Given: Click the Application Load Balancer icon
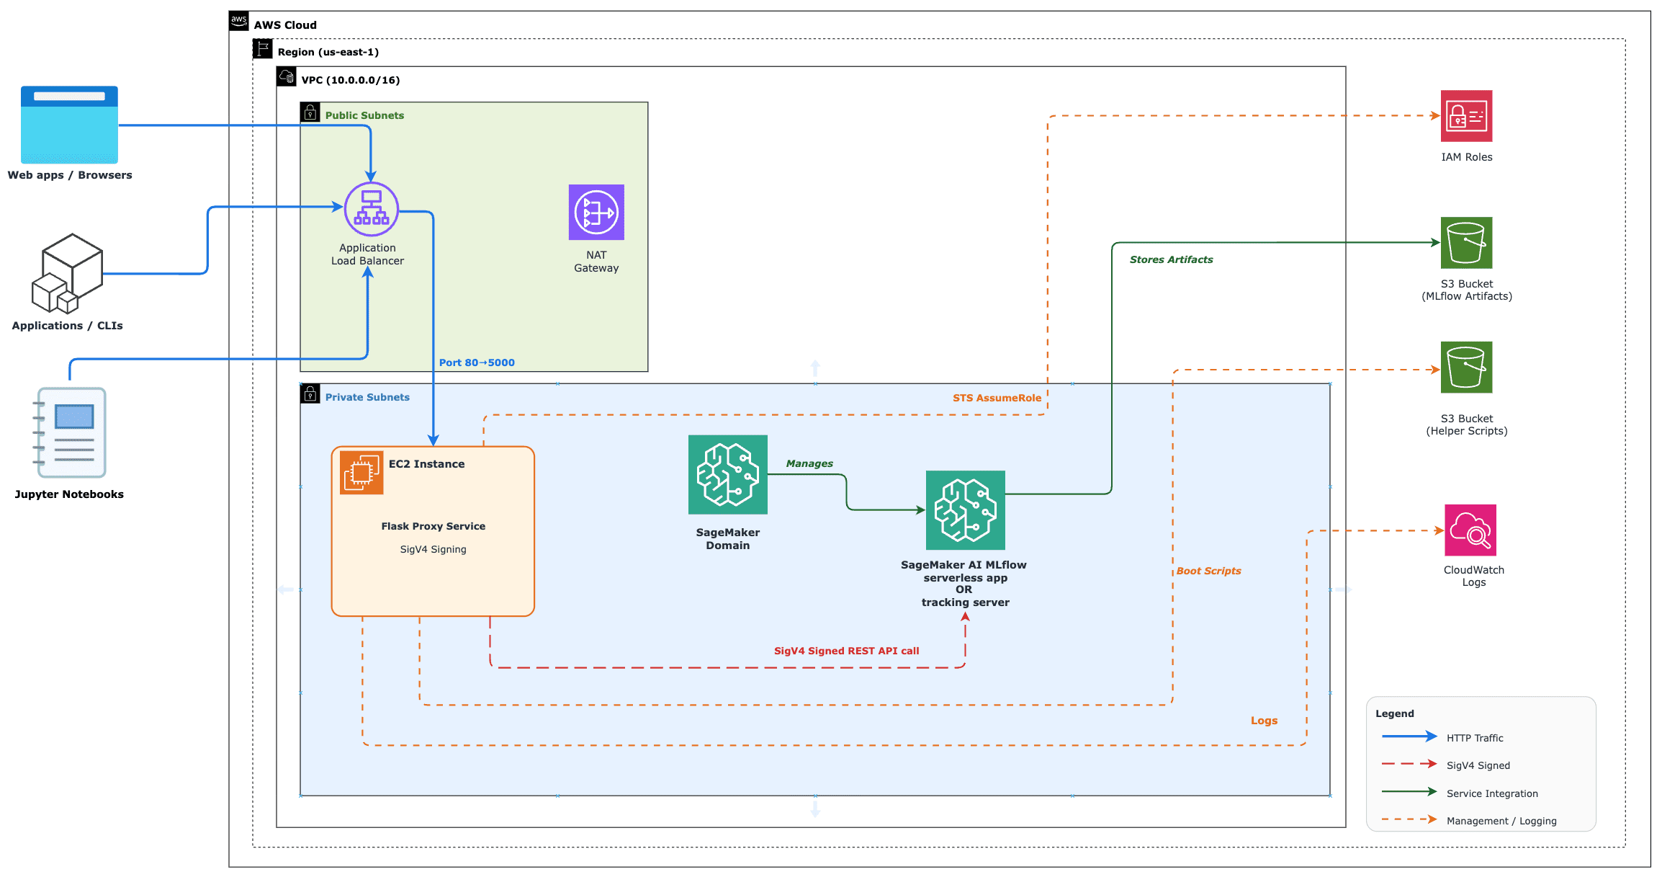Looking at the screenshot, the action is pyautogui.click(x=371, y=209).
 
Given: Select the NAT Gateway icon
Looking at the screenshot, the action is pyautogui.click(x=596, y=212).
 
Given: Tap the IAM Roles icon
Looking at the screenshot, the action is pyautogui.click(x=1466, y=116).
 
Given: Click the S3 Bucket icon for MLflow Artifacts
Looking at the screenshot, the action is pyautogui.click(x=1466, y=243).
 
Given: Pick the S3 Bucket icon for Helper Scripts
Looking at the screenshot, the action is pyautogui.click(x=1466, y=368).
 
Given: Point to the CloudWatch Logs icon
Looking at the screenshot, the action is pyautogui.click(x=1470, y=530).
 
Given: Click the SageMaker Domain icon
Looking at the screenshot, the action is pyautogui.click(x=728, y=474).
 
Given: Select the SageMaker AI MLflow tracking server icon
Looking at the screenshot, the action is pyautogui.click(x=966, y=510).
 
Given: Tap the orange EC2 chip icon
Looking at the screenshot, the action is pyautogui.click(x=361, y=473).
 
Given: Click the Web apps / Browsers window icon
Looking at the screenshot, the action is pyautogui.click(x=69, y=125).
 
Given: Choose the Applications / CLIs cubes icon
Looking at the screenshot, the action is pyautogui.click(x=68, y=274).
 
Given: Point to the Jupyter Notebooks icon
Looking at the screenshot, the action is pyautogui.click(x=70, y=432).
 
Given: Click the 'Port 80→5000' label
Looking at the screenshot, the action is pyautogui.click(x=477, y=362).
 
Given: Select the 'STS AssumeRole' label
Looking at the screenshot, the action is pyautogui.click(x=997, y=398).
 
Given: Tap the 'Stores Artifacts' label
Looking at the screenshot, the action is pyautogui.click(x=1171, y=259).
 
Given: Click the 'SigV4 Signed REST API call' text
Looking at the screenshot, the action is pyautogui.click(x=846, y=651).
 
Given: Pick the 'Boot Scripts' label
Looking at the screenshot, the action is pyautogui.click(x=1208, y=571).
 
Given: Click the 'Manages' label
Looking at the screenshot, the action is pyautogui.click(x=809, y=463).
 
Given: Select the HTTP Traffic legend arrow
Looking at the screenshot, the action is pyautogui.click(x=1409, y=736).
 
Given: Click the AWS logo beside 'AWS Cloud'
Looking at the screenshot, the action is pyautogui.click(x=239, y=20).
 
